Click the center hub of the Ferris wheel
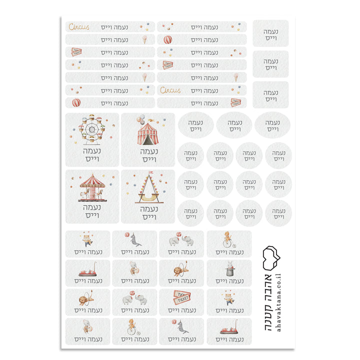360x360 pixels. (92, 129)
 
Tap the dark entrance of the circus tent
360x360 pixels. (147, 140)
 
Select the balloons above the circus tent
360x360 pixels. (140, 118)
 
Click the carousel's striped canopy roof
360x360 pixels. (92, 181)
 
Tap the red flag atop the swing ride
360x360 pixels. (150, 172)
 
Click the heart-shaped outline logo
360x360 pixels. (271, 258)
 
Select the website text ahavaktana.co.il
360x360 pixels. (278, 302)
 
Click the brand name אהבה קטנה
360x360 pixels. (268, 302)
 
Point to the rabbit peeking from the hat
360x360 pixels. (230, 265)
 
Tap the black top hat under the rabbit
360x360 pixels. (229, 272)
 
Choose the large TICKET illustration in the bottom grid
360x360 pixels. (181, 297)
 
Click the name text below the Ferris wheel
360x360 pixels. (92, 155)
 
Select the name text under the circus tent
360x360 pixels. (149, 155)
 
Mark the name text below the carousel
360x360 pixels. (92, 211)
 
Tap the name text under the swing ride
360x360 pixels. (149, 213)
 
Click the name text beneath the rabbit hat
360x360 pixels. (229, 281)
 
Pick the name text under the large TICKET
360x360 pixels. (182, 310)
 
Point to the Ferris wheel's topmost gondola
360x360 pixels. (92, 116)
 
